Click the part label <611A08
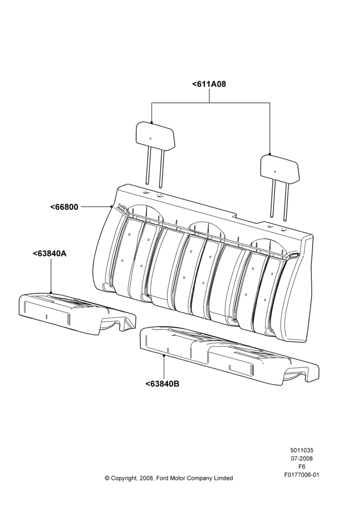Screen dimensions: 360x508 (x=209, y=84)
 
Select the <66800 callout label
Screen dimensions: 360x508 (x=64, y=207)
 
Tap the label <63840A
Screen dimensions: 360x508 (x=50, y=253)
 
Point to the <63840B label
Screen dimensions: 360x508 (x=162, y=384)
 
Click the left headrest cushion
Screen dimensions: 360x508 (x=155, y=135)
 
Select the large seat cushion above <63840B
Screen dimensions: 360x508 (x=229, y=356)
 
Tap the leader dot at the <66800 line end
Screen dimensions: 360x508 (x=111, y=206)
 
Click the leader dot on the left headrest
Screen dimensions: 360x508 (x=152, y=122)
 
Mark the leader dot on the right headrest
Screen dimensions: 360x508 (x=270, y=154)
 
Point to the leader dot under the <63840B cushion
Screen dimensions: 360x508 (x=164, y=356)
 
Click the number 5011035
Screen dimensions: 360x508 (x=302, y=450)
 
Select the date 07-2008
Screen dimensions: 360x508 (x=302, y=458)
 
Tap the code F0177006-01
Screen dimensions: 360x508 (x=302, y=475)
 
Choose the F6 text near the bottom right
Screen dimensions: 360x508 (x=302, y=467)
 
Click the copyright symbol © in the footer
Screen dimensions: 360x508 (x=107, y=478)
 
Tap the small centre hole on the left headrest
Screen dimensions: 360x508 (x=151, y=138)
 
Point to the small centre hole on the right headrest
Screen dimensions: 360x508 (x=275, y=171)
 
